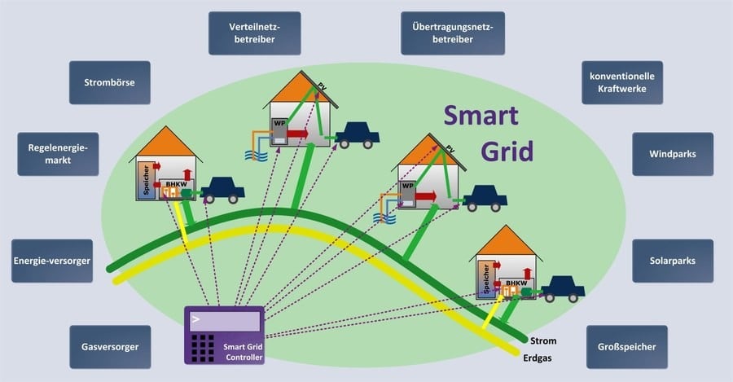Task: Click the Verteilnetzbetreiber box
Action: pyautogui.click(x=254, y=33)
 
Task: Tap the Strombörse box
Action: pyautogui.click(x=109, y=82)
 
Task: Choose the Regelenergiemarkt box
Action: pyautogui.click(x=57, y=154)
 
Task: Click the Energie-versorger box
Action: pyautogui.click(x=50, y=261)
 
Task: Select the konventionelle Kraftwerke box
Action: pyautogui.click(x=622, y=82)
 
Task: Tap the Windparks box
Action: pyautogui.click(x=672, y=154)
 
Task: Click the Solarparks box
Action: pyautogui.click(x=672, y=261)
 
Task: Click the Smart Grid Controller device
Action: pyautogui.click(x=225, y=335)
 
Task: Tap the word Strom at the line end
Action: pyautogui.click(x=542, y=340)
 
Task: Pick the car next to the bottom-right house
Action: pyautogui.click(x=564, y=288)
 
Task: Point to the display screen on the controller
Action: pyautogui.click(x=224, y=321)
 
